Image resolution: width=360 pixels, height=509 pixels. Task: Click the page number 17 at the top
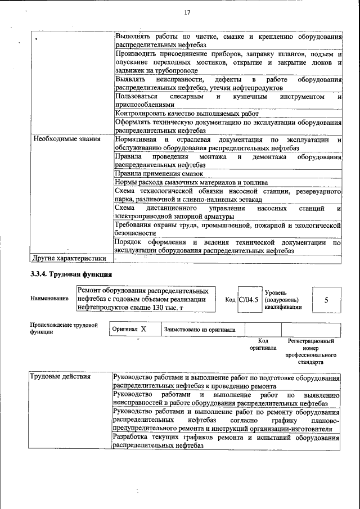point(188,12)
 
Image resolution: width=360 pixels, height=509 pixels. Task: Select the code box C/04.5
point(249,300)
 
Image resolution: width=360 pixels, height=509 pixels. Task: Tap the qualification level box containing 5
point(326,300)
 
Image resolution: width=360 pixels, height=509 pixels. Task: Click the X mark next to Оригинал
point(143,330)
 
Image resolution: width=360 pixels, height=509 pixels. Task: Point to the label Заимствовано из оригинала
point(200,330)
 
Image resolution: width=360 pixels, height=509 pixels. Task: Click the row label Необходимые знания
point(58,139)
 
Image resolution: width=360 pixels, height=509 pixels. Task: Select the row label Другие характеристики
point(69,259)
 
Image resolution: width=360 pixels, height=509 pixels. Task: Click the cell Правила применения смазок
point(151,174)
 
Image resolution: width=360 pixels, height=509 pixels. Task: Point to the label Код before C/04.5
point(230,300)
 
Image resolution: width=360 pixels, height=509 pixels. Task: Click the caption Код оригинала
point(263,344)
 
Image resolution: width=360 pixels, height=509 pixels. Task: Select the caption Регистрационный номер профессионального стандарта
point(310,352)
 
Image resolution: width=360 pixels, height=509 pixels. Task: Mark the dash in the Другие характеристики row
point(115,259)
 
